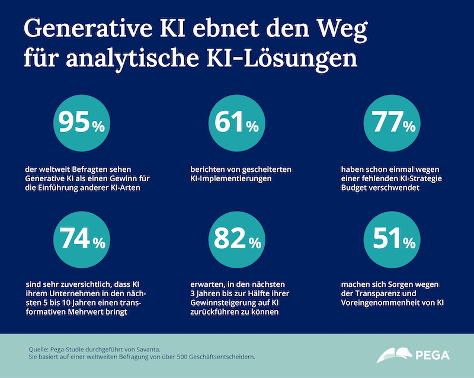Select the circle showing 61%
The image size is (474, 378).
coord(236,124)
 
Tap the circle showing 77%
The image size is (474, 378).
coord(393,124)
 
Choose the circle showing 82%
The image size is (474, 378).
coord(236,240)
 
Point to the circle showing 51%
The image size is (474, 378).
coord(393,240)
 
